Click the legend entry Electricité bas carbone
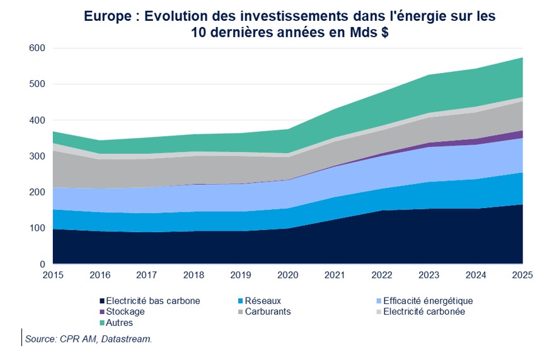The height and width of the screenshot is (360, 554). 153,301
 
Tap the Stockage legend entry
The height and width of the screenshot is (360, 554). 125,311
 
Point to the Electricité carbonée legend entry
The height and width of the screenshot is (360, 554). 424,311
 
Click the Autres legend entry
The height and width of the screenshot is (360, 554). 120,322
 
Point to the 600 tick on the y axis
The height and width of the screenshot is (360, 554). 37,49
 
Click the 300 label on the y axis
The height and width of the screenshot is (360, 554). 37,156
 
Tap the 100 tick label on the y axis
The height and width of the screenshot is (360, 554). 37,228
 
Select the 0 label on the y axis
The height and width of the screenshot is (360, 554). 42,264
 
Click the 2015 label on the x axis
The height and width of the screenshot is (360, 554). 53,276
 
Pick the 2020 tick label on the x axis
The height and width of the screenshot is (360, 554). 288,276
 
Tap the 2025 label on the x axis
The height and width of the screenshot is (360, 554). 522,276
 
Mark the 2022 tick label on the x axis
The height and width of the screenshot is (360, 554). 382,276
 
